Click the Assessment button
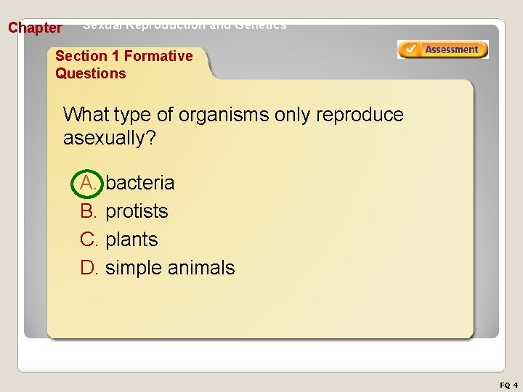tap(442, 49)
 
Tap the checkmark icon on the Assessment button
tap(410, 49)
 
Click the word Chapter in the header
tap(35, 28)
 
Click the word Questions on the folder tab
tap(91, 73)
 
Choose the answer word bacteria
tap(140, 182)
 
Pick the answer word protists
tap(137, 211)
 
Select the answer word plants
tap(131, 240)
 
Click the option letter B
tap(89, 211)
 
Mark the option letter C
tap(89, 240)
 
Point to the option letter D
tap(89, 268)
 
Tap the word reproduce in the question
tap(360, 115)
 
